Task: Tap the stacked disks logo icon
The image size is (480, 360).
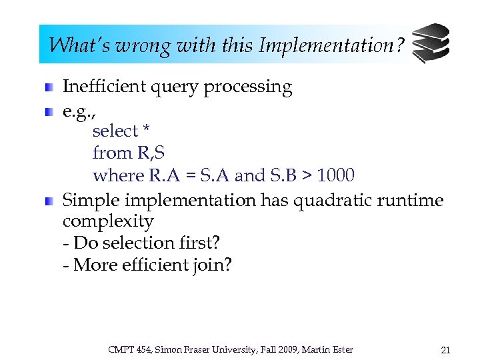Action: coord(430,43)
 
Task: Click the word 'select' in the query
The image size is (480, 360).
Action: coord(115,131)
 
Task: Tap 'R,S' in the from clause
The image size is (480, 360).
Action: coord(151,153)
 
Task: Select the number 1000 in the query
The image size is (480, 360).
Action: coord(335,175)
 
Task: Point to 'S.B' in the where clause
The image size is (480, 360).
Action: coord(285,175)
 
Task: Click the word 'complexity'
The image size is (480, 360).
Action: coord(108,222)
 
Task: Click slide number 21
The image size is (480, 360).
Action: coord(445,350)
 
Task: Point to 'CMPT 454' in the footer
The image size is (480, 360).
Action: coord(126,349)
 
